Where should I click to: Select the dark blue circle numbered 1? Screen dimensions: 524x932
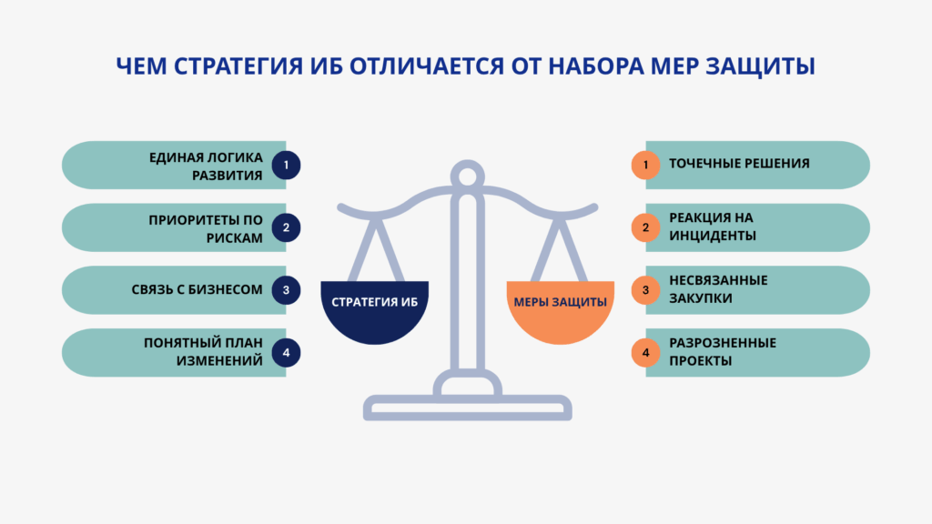tap(286, 165)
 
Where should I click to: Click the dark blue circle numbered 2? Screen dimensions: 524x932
tap(286, 227)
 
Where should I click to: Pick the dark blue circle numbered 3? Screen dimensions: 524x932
tap(286, 290)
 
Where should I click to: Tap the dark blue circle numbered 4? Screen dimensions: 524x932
tap(286, 353)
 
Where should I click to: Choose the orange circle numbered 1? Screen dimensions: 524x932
tap(645, 165)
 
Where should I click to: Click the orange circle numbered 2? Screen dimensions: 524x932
tap(645, 227)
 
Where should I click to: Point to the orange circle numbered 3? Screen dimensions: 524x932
tap(645, 290)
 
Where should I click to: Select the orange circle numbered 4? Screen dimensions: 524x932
tap(645, 353)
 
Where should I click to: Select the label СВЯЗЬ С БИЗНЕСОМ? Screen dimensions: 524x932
tap(197, 290)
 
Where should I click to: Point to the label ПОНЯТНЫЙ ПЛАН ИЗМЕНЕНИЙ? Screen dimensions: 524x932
tap(203, 353)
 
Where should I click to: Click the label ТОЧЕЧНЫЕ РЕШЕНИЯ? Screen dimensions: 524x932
tap(739, 165)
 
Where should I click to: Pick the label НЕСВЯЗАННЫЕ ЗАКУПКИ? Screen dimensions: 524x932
tap(719, 290)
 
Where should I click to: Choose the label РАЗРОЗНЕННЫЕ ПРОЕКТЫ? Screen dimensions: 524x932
tap(723, 353)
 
